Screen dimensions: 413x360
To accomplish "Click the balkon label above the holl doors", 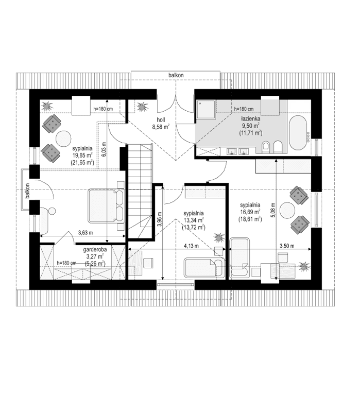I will (x=176, y=75).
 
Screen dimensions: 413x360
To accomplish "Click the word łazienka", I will (x=249, y=118).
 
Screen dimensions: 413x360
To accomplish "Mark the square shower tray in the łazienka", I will (x=207, y=109).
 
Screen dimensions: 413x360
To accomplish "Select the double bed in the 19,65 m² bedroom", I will (x=106, y=205).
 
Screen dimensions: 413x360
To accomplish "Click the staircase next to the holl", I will (x=139, y=191).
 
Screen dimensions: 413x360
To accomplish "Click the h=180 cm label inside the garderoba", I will (x=66, y=263).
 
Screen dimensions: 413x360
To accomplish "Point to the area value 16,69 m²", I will (x=249, y=211).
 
